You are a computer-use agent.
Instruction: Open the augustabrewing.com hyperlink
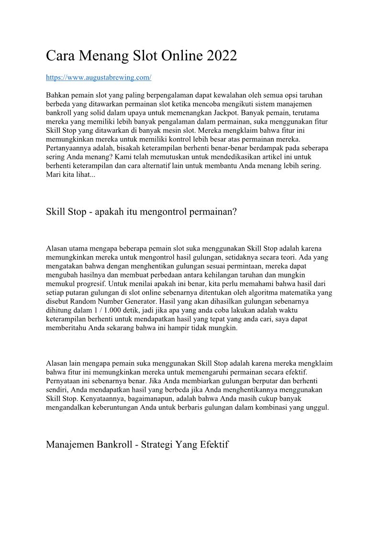pyautogui.click(x=99, y=77)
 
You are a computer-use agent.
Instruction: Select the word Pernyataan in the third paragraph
pyautogui.click(x=63, y=381)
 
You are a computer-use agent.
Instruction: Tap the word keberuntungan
pyautogui.click(x=113, y=407)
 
